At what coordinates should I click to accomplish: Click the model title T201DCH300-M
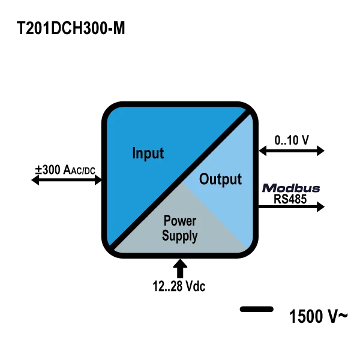(71, 28)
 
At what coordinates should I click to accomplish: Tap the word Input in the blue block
(148, 154)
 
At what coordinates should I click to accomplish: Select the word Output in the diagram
(220, 179)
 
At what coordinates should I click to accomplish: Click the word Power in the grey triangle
(180, 221)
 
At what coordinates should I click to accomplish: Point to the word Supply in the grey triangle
(179, 236)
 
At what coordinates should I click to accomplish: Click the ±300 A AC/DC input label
(65, 170)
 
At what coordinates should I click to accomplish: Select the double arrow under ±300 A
(67, 180)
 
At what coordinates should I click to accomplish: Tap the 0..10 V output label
(292, 140)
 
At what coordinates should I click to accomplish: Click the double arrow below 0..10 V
(292, 151)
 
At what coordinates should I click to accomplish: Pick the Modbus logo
(291, 188)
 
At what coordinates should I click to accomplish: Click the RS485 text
(290, 199)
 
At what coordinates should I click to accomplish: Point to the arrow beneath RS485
(292, 206)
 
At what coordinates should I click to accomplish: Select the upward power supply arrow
(180, 269)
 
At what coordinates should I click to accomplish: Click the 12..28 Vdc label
(179, 286)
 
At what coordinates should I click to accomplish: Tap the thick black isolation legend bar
(257, 309)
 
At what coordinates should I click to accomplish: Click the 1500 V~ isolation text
(319, 316)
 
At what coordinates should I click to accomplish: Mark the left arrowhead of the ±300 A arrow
(35, 180)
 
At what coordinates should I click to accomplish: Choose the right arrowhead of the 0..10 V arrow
(321, 151)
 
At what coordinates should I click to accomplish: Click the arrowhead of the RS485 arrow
(321, 206)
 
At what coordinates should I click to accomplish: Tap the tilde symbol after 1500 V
(343, 316)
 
